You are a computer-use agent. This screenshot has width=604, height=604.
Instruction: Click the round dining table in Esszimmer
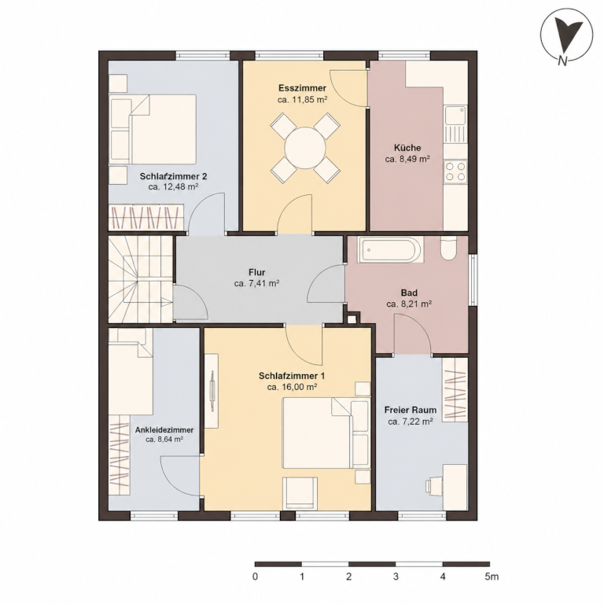click(x=305, y=148)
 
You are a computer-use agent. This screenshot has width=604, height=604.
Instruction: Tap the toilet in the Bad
click(x=448, y=249)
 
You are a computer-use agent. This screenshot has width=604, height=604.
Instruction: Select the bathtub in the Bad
click(x=390, y=249)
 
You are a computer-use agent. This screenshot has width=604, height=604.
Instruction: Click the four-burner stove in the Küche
click(x=455, y=171)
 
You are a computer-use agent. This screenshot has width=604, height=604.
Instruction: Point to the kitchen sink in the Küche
click(x=455, y=123)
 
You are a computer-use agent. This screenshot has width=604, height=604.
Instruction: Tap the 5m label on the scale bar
click(x=492, y=576)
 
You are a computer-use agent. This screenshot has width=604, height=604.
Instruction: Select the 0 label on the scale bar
click(x=255, y=576)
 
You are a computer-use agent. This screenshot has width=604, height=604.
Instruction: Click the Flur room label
click(x=257, y=273)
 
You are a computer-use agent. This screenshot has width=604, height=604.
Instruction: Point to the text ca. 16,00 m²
click(x=292, y=387)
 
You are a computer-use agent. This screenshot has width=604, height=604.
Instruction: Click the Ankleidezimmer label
click(x=164, y=430)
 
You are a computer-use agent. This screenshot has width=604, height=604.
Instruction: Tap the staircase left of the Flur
click(x=141, y=279)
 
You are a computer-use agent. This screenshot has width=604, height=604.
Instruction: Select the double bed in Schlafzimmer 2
click(x=153, y=130)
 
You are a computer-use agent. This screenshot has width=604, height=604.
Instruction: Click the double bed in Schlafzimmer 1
click(x=326, y=433)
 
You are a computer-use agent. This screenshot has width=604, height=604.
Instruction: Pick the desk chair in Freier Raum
click(x=434, y=485)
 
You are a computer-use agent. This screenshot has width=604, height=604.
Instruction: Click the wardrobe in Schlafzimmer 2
click(x=146, y=217)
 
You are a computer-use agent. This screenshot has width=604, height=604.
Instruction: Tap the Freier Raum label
click(x=411, y=410)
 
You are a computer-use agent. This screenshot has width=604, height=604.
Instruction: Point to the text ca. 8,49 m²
click(x=407, y=159)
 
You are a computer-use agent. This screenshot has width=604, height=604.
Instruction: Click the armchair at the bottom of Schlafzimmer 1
click(x=300, y=493)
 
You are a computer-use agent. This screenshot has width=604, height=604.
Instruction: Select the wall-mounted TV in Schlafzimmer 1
click(x=212, y=391)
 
